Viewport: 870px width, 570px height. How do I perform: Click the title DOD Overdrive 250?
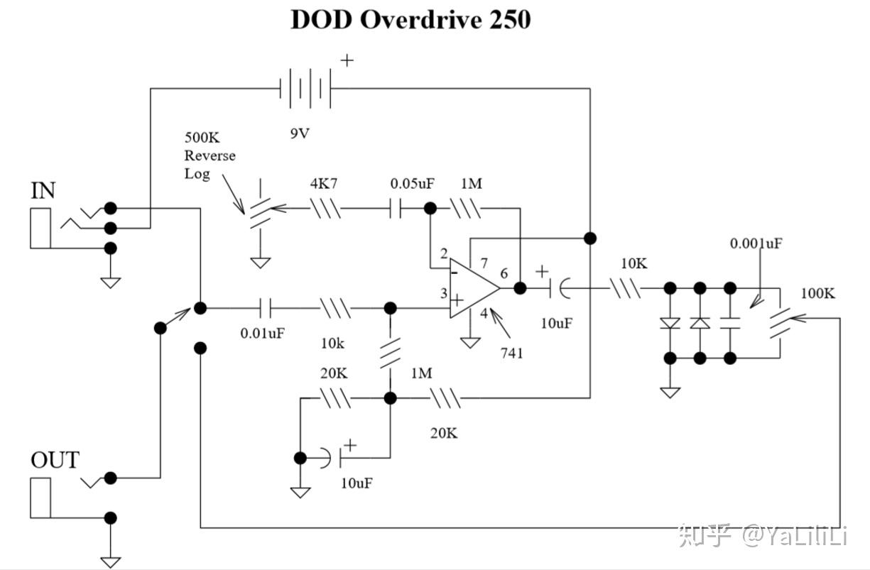pyautogui.click(x=410, y=19)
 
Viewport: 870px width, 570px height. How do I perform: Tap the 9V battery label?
pyautogui.click(x=300, y=133)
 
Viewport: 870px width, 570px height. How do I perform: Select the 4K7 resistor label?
pyautogui.click(x=324, y=183)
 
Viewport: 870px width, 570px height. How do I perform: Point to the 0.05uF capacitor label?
pyautogui.click(x=412, y=183)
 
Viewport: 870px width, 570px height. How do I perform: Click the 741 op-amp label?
pyautogui.click(x=511, y=353)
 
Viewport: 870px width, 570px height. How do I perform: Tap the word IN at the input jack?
pyautogui.click(x=43, y=190)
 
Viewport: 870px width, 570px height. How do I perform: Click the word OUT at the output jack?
pyautogui.click(x=55, y=460)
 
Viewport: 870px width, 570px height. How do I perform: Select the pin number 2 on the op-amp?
pyautogui.click(x=444, y=253)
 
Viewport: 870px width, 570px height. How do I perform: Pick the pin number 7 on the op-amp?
pyautogui.click(x=484, y=263)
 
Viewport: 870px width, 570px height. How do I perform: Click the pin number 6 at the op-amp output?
pyautogui.click(x=504, y=273)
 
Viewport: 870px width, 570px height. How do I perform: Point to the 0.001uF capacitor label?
pyautogui.click(x=756, y=243)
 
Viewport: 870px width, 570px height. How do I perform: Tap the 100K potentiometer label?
pyautogui.click(x=817, y=293)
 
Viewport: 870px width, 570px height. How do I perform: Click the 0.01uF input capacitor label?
pyautogui.click(x=263, y=333)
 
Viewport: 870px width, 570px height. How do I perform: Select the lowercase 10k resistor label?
pyautogui.click(x=332, y=344)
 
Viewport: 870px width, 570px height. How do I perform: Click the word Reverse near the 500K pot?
pyautogui.click(x=210, y=155)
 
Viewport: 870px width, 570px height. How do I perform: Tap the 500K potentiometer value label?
pyautogui.click(x=202, y=138)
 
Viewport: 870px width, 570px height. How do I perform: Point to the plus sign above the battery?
pyautogui.click(x=347, y=60)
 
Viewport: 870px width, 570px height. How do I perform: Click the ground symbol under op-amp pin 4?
pyautogui.click(x=470, y=342)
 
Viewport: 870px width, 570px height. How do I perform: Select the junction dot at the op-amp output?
pyautogui.click(x=520, y=288)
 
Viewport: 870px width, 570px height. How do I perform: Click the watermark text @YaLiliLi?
pyautogui.click(x=795, y=536)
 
